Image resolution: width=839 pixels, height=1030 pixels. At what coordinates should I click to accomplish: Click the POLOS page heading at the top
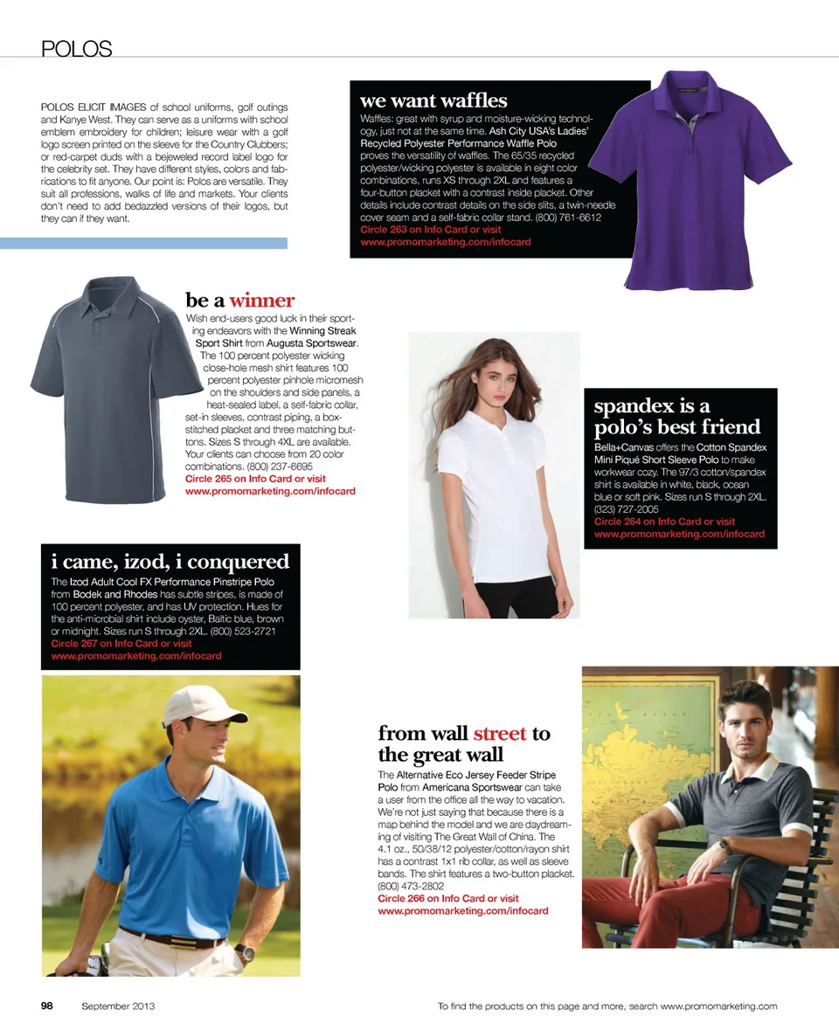76,49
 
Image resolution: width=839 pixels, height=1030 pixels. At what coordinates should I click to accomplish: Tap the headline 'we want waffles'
433,100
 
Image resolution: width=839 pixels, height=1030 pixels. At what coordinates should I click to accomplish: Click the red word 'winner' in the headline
262,301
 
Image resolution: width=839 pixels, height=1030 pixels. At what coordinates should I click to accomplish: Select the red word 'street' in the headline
499,733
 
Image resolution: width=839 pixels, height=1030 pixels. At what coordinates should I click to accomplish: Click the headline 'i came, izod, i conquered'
170,561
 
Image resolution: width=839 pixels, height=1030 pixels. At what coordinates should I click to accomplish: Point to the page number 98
47,1006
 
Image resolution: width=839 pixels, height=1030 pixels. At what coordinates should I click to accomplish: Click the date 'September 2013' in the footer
118,1006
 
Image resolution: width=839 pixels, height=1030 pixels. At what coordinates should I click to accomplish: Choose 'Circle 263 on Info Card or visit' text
431,230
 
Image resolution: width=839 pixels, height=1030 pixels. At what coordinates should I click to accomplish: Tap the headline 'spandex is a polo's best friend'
677,417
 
